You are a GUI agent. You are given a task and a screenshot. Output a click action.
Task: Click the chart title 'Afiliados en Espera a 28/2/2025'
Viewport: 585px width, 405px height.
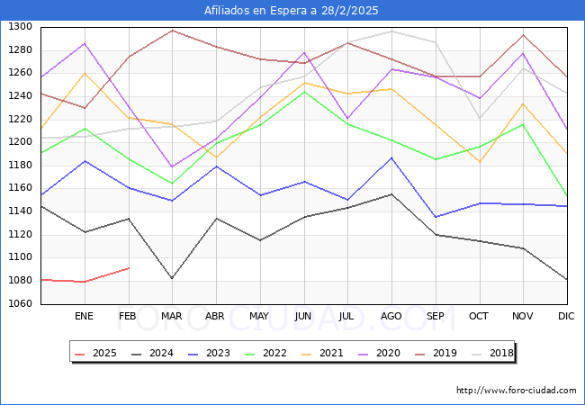pyautogui.click(x=292, y=11)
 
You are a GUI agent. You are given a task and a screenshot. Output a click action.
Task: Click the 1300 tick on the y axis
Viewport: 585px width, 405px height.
pyautogui.click(x=20, y=27)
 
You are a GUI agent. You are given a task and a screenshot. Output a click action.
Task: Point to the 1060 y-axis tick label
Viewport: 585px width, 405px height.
pyautogui.click(x=20, y=304)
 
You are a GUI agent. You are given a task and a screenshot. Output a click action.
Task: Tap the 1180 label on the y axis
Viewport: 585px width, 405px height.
pyautogui.click(x=20, y=166)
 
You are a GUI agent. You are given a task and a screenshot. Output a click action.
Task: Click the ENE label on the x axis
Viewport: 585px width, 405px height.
pyautogui.click(x=84, y=316)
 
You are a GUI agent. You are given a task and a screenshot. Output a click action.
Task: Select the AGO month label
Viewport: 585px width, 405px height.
pyautogui.click(x=391, y=316)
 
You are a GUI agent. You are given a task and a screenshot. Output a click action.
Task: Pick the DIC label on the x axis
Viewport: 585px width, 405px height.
pyautogui.click(x=566, y=316)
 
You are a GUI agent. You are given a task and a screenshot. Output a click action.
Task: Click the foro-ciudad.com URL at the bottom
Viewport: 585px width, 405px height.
pyautogui.click(x=517, y=391)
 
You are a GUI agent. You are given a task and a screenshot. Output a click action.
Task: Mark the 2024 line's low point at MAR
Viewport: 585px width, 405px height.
pyautogui.click(x=172, y=278)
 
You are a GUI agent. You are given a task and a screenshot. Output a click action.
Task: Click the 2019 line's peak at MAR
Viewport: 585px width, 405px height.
pyautogui.click(x=172, y=31)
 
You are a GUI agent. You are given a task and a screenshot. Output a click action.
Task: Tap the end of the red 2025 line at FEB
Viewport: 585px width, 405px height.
pyautogui.click(x=128, y=268)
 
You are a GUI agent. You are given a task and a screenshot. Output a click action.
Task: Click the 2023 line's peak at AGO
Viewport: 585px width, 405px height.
pyautogui.click(x=391, y=158)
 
